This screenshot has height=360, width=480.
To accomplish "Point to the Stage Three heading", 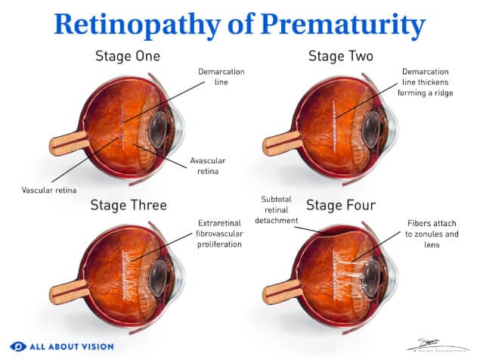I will click(129, 204).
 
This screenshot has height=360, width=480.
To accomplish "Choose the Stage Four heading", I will click(340, 204).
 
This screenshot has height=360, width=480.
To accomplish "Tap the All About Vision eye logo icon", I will click(17, 346).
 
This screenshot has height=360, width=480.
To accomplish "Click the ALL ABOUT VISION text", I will click(71, 346).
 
